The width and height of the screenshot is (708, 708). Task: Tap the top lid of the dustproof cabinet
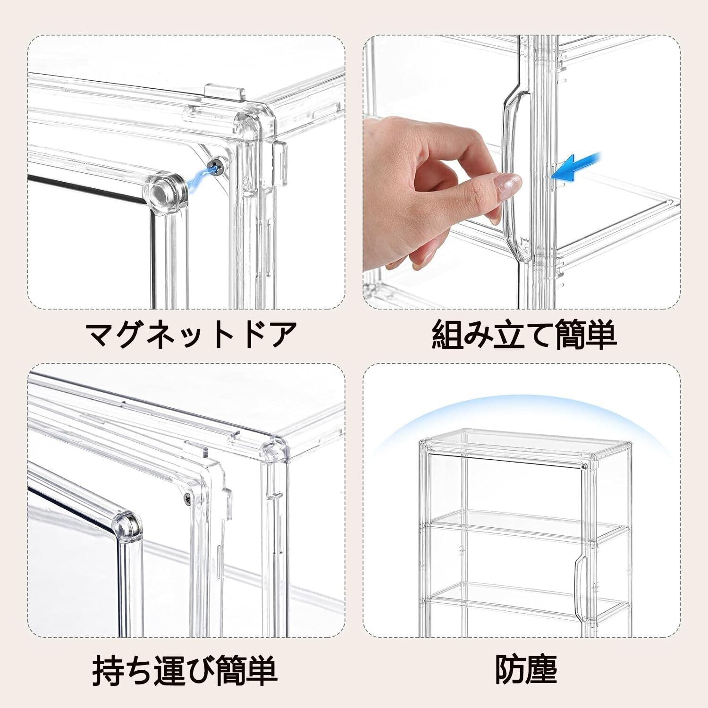pos(526,444)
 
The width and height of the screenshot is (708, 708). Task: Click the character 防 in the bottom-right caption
pos(509,667)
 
